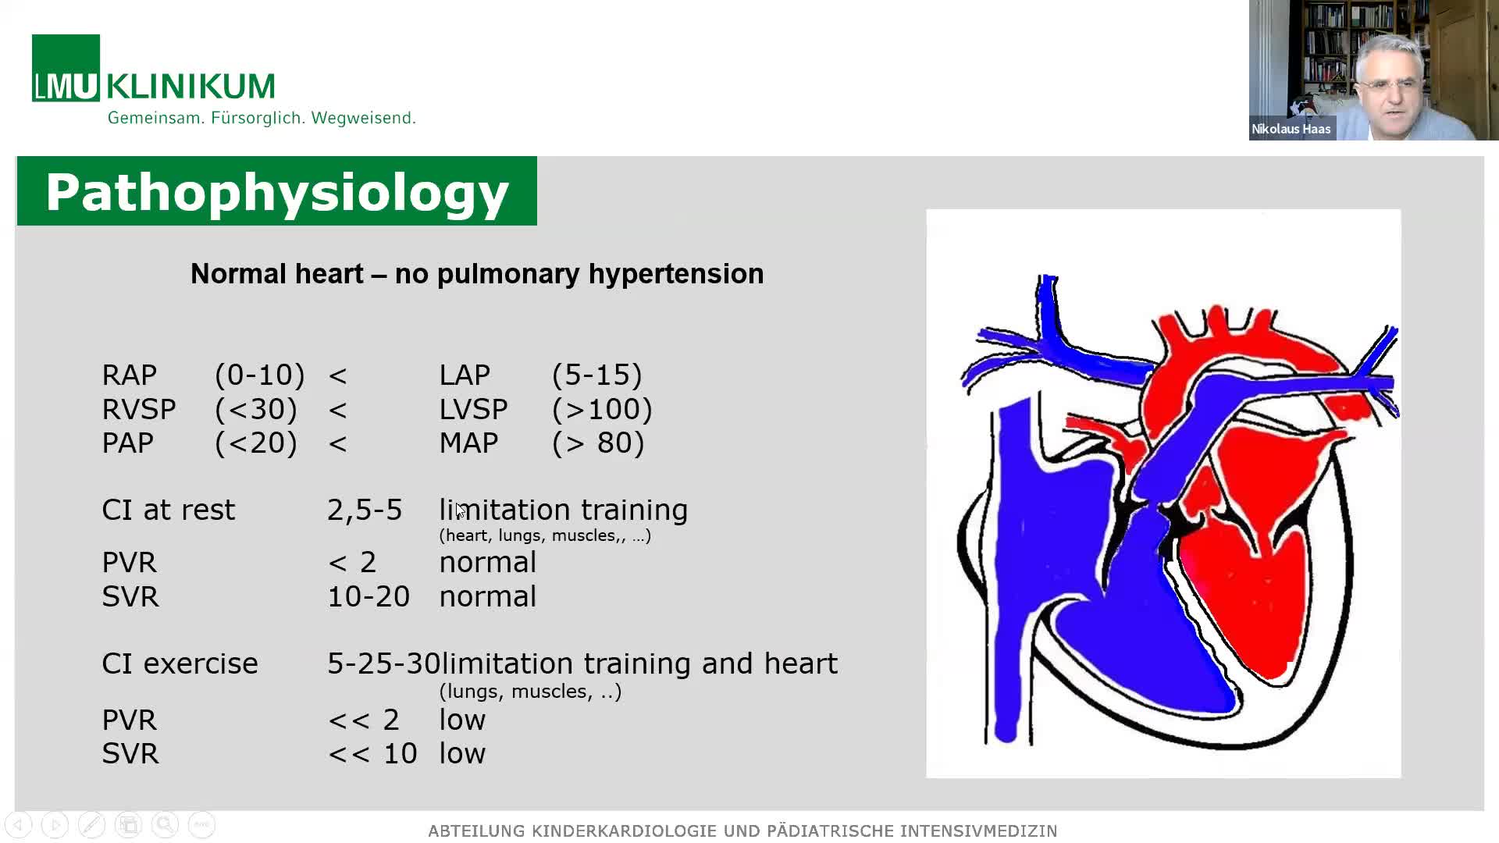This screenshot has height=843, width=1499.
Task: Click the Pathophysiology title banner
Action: click(277, 191)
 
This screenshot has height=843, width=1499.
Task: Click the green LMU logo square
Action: click(66, 68)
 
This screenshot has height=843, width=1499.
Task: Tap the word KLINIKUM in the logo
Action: click(190, 86)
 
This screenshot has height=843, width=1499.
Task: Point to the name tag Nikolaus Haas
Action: click(1291, 129)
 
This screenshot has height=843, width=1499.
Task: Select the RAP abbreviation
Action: click(130, 375)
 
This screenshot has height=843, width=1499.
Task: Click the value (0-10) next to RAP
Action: click(260, 375)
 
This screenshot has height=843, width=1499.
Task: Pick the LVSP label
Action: click(473, 409)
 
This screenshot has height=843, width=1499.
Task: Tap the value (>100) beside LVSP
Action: click(602, 409)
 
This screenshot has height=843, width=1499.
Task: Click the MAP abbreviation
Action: click(468, 443)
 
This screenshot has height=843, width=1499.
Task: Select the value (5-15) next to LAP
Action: click(597, 375)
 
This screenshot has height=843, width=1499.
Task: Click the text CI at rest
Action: click(169, 510)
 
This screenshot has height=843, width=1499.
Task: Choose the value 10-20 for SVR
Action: click(369, 597)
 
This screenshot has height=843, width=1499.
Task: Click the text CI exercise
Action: click(180, 663)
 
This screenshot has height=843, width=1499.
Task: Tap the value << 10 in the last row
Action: click(372, 754)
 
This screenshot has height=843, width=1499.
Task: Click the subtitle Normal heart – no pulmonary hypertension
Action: click(477, 274)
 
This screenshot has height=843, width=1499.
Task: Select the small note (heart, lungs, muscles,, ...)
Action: click(545, 536)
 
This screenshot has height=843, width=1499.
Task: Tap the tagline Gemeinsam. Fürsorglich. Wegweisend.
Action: click(262, 118)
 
